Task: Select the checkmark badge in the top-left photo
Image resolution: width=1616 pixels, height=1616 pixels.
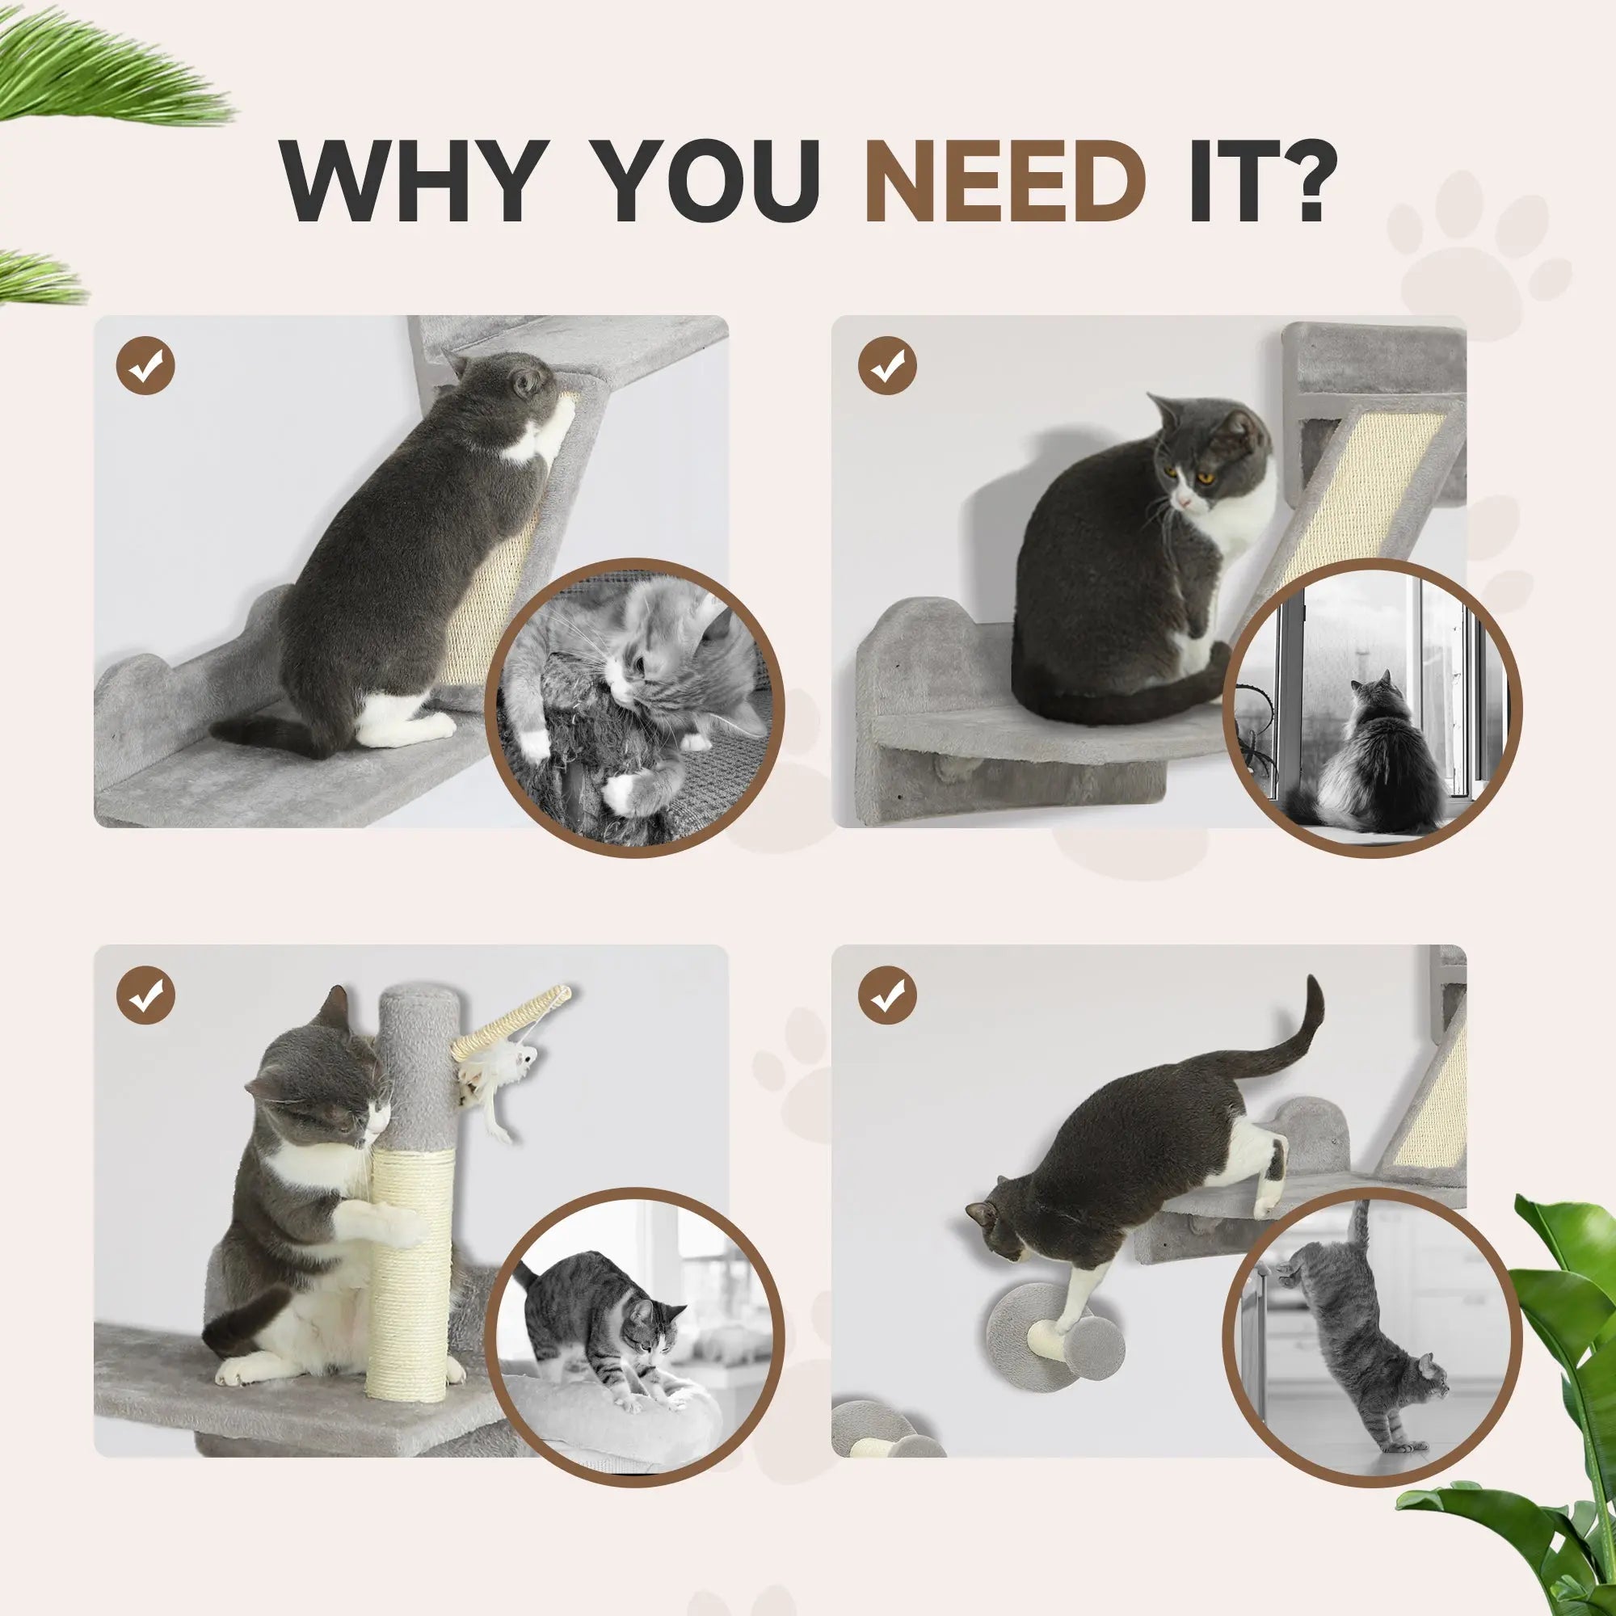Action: coord(145,365)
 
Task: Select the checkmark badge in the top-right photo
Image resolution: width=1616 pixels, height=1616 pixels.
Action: coord(887,365)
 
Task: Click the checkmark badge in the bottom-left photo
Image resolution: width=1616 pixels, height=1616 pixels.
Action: coord(145,995)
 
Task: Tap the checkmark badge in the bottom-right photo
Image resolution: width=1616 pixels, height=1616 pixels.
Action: coord(887,995)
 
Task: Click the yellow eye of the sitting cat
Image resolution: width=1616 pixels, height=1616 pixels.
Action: coord(1206,478)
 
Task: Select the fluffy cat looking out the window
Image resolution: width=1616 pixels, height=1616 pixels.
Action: coord(1372,753)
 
